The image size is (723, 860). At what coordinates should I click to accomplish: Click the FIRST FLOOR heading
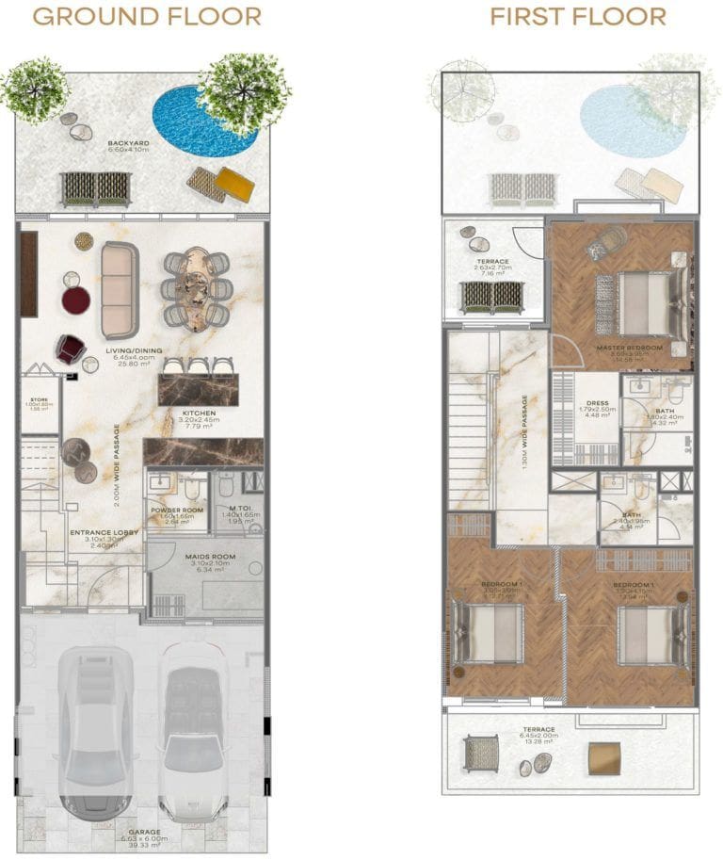[x=577, y=17]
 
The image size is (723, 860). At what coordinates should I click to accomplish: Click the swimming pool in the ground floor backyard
[x=199, y=122]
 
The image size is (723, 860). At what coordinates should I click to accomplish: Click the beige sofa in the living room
[x=120, y=289]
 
